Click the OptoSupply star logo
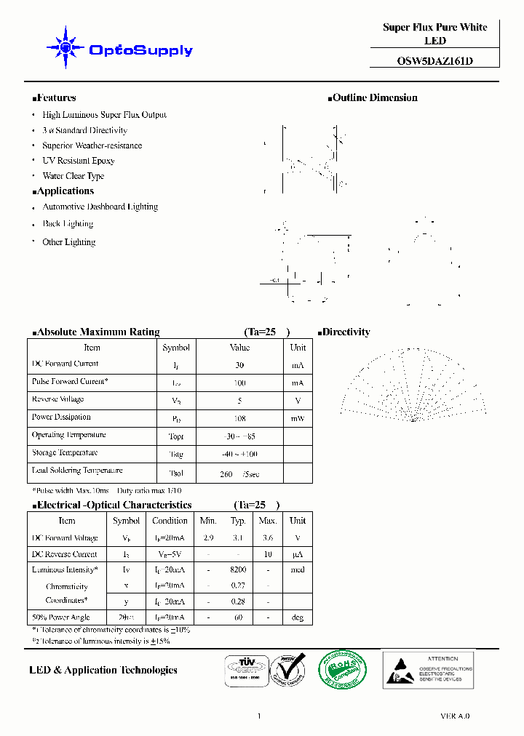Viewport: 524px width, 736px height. coord(66,48)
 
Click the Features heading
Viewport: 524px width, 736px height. coord(55,97)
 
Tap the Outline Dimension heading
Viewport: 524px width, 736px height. coord(374,97)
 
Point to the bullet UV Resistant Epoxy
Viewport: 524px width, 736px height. coord(79,161)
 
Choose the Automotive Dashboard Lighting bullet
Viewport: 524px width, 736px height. coord(100,207)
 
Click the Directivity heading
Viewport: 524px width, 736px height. coord(345,332)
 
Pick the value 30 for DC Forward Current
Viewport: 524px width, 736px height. coord(239,365)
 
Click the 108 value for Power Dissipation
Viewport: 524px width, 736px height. coord(239,418)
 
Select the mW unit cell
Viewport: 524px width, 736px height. coord(298,418)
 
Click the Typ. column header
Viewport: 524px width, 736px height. coord(238,521)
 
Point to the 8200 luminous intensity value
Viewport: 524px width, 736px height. coord(238,570)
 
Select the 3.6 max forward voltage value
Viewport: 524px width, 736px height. coord(268,538)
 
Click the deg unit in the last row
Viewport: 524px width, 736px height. coord(297,617)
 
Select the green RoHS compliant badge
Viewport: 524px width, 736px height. coord(343,670)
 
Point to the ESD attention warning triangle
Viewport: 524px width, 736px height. coord(399,669)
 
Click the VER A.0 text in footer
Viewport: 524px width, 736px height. coord(455,716)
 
